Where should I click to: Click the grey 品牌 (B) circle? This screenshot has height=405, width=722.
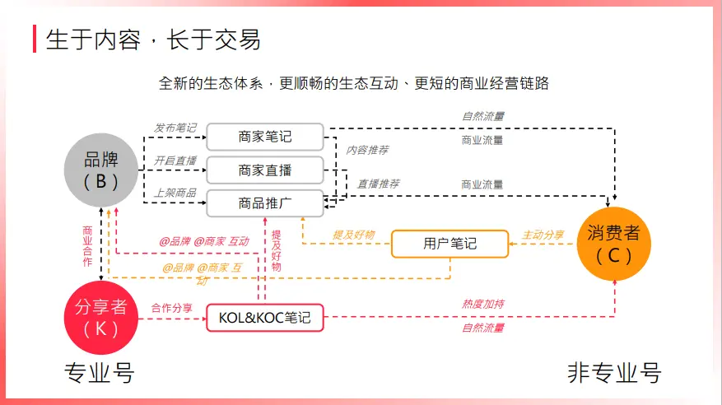point(101,170)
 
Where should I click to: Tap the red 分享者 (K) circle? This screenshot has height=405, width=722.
point(101,317)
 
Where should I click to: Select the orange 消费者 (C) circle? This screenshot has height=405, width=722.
point(613,244)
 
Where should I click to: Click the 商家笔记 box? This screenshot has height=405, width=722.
point(265,137)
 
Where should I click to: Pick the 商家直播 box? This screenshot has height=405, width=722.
point(265,170)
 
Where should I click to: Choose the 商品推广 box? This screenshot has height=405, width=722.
point(265,202)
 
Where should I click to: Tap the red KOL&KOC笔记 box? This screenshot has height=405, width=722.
point(265,317)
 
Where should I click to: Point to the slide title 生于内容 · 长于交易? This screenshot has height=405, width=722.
point(153,39)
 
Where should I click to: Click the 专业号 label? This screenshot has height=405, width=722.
point(99,373)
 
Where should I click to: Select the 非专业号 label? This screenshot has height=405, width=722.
point(614,373)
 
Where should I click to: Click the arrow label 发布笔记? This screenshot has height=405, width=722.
point(175,128)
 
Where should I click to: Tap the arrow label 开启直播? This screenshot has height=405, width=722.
point(175,161)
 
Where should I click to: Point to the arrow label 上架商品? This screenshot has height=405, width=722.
point(175,193)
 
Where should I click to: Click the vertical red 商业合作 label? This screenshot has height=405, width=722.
point(87,246)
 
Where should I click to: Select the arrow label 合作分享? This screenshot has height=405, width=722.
point(172,308)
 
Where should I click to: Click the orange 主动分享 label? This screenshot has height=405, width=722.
point(543,235)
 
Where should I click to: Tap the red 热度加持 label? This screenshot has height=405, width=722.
point(482,305)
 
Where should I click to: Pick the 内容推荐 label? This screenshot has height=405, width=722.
point(367,151)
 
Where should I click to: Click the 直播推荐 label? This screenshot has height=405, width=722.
point(379,184)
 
